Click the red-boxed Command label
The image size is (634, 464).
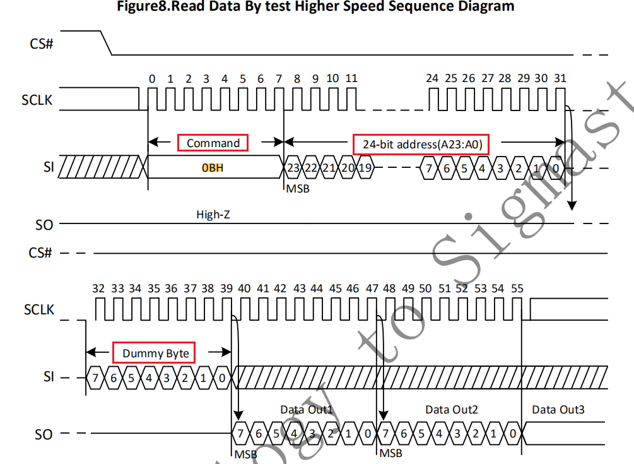(213, 143)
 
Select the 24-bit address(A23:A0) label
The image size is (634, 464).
(423, 145)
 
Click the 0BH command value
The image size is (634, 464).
(213, 169)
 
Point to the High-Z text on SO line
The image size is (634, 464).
(213, 215)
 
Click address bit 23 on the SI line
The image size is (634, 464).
(293, 168)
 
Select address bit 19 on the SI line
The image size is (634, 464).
(365, 168)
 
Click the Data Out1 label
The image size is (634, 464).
(306, 410)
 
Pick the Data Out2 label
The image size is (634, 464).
(452, 410)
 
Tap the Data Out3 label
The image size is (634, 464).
(558, 410)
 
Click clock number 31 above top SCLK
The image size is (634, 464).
(560, 78)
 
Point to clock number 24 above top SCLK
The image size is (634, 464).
(431, 78)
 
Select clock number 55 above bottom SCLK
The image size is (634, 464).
(517, 289)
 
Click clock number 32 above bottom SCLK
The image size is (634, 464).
(98, 289)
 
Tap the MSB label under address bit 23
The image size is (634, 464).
(298, 188)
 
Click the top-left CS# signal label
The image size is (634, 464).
(41, 44)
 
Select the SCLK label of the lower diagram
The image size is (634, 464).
(39, 310)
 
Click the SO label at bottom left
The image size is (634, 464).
(44, 434)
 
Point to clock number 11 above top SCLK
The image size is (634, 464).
(351, 78)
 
